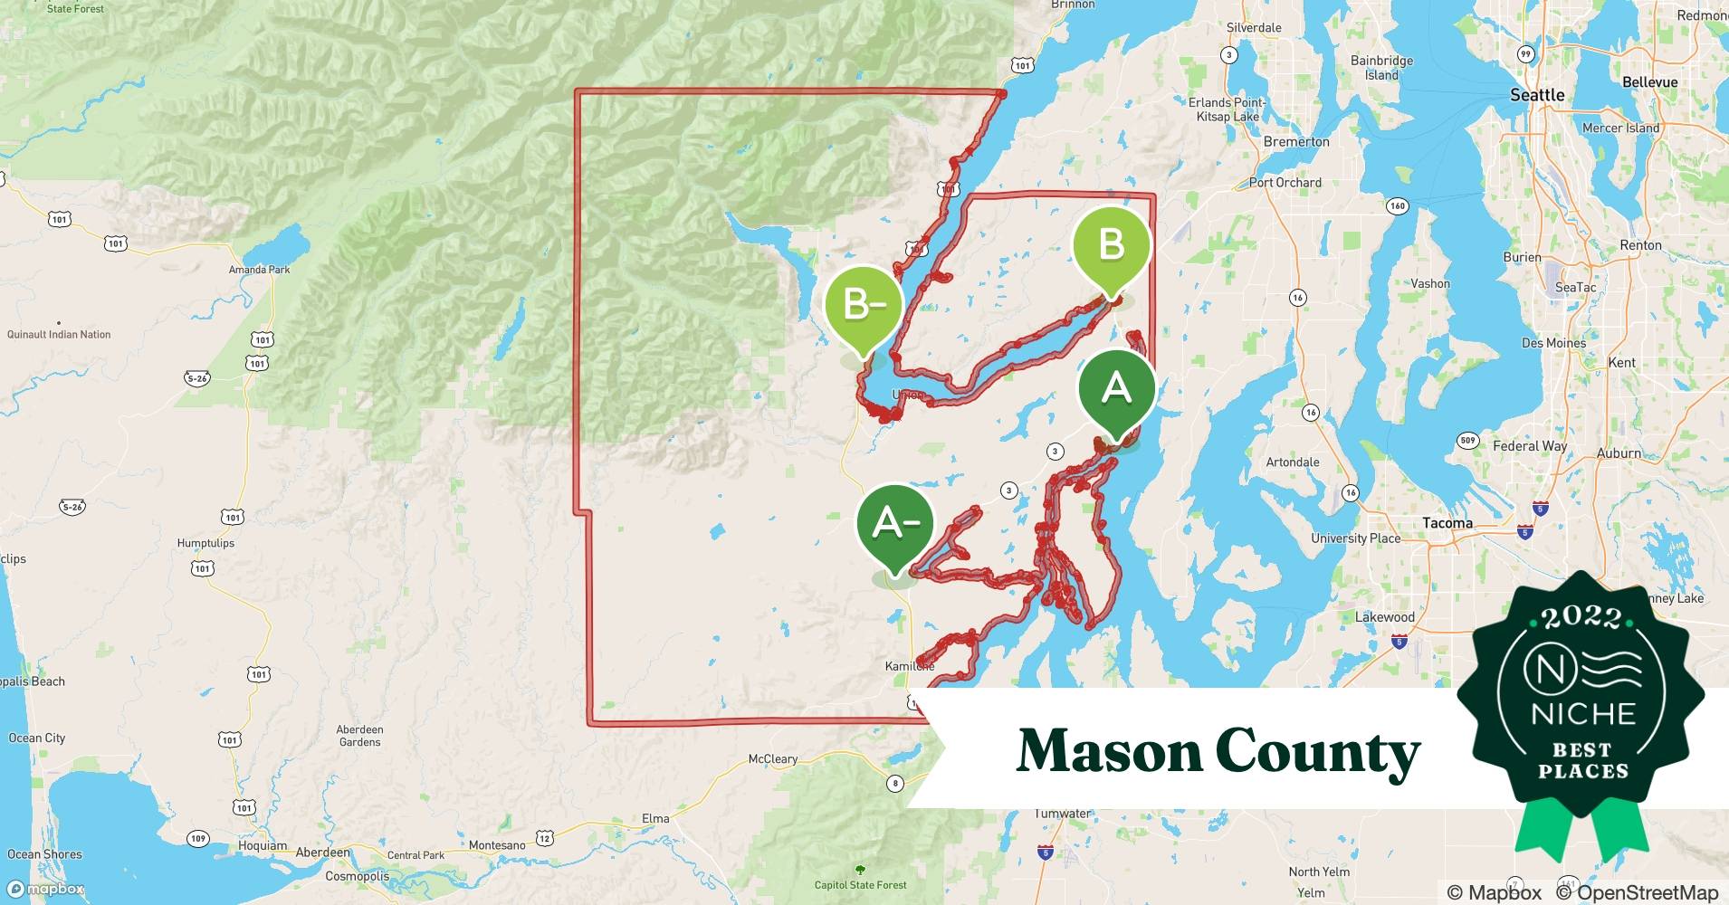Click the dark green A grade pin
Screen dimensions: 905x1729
coord(1116,389)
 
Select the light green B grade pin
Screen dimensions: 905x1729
coord(1111,245)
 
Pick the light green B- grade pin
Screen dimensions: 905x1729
coord(864,306)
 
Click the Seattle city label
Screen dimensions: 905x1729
coord(1537,95)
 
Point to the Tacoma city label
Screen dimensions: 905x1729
coord(1447,523)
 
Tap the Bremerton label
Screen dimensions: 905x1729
coord(1296,142)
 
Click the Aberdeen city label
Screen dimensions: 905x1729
coord(323,853)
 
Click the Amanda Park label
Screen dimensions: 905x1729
coord(260,270)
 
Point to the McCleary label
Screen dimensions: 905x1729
coord(773,759)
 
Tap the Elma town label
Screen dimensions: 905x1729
coord(655,819)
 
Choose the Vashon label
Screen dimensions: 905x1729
coord(1430,284)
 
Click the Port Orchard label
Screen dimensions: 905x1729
coord(1285,183)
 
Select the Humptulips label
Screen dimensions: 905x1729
coord(205,543)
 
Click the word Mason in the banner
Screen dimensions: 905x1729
coord(1107,751)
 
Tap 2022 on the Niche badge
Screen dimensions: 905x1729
coord(1581,617)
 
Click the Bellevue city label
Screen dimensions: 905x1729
coord(1649,82)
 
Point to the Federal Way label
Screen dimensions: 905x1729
coord(1530,446)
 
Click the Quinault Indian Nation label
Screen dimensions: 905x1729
coord(59,335)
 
